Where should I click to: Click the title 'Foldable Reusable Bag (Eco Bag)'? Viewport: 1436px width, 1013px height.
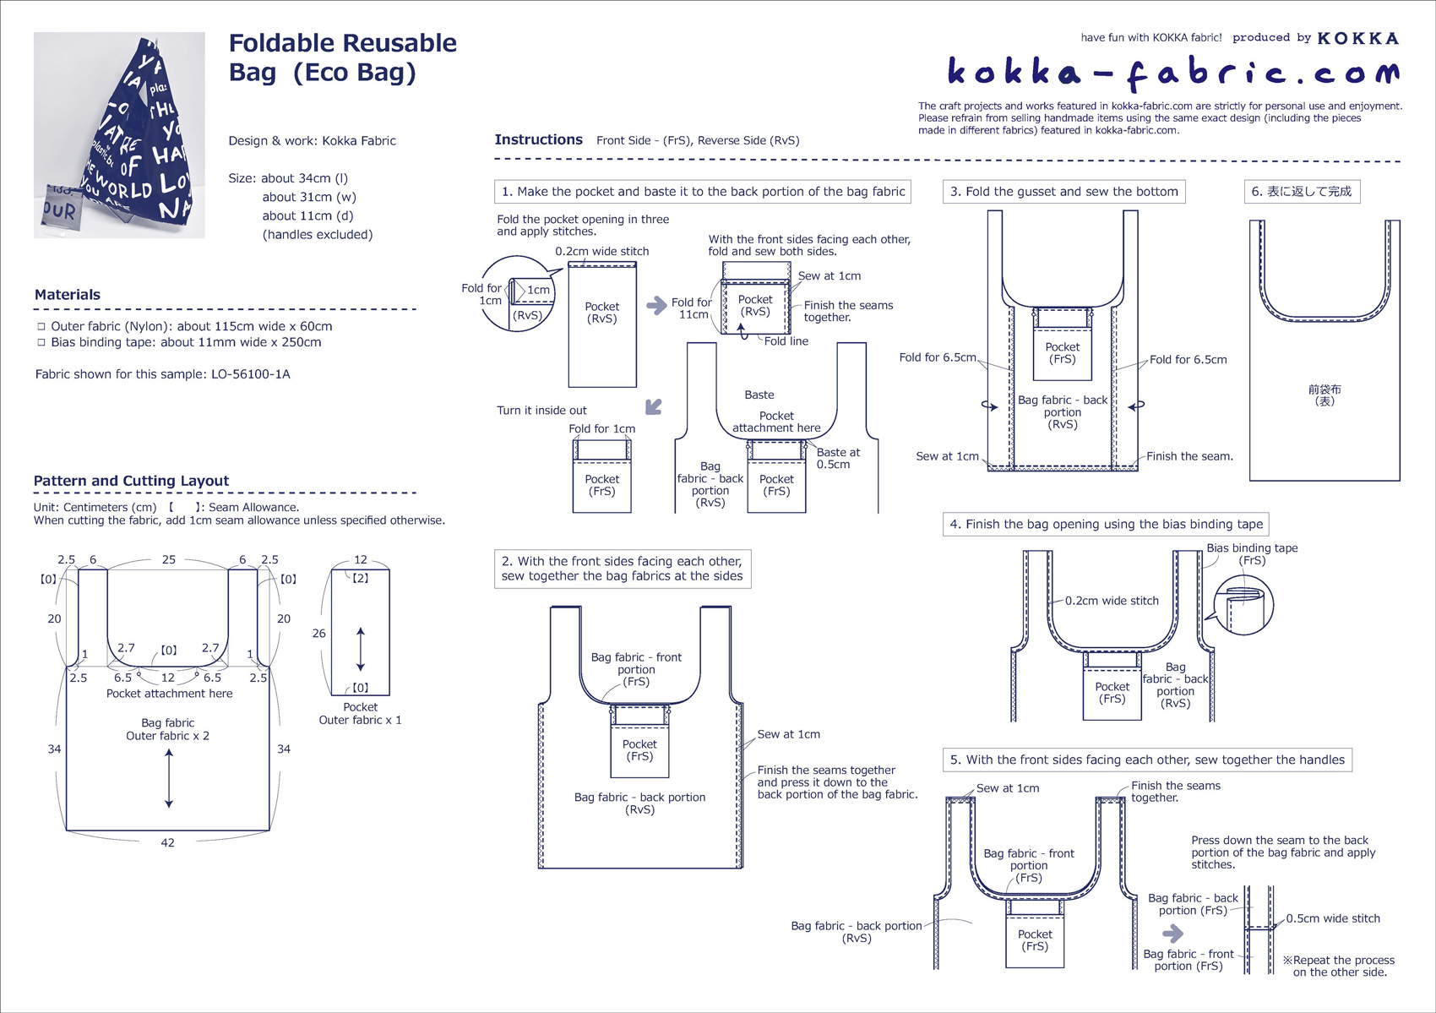342,57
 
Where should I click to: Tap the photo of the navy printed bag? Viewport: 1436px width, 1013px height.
119,135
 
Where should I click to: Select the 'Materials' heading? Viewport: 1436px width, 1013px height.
68,295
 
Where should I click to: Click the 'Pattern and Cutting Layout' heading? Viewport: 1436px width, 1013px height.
131,481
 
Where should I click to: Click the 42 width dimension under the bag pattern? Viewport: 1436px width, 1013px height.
167,842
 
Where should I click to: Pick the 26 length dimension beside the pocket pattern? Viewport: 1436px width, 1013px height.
318,633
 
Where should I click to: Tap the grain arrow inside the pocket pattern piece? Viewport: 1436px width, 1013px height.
361,649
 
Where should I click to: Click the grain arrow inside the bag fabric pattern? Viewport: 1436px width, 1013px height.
169,778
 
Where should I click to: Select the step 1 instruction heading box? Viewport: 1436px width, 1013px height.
703,192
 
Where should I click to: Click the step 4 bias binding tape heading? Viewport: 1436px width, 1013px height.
1106,524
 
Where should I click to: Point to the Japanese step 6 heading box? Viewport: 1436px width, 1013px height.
1302,192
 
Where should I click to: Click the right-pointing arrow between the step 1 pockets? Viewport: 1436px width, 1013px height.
656,305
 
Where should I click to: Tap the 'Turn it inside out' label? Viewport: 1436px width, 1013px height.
541,411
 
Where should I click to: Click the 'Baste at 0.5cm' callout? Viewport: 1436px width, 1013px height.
838,458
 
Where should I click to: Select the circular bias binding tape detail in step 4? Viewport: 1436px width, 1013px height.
1243,606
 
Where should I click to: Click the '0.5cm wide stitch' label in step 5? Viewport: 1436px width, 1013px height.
1332,918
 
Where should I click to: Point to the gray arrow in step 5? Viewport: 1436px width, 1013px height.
1172,934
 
